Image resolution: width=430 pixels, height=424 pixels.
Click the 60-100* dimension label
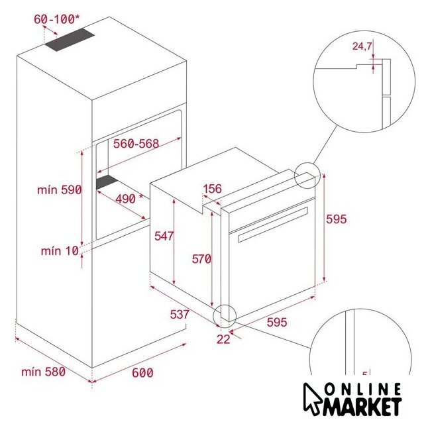pos(57,19)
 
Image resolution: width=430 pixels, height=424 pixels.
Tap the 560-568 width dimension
pos(136,144)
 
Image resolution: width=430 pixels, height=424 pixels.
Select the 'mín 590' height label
pos(60,189)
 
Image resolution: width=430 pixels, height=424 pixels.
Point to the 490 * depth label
pos(129,199)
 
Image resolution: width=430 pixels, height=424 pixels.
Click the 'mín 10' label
pos(60,251)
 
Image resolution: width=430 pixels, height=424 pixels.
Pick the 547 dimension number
pos(164,236)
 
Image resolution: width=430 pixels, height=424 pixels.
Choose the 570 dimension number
pos(201,259)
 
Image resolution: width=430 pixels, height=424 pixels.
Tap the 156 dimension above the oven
pos(212,189)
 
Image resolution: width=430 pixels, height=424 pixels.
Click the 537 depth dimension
pos(180,315)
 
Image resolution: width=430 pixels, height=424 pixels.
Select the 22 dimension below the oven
pos(223,339)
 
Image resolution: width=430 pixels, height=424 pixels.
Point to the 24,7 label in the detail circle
pos(362,46)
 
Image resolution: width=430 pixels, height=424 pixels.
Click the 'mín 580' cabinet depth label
pos(43,372)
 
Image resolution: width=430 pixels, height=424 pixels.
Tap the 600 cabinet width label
pos(142,373)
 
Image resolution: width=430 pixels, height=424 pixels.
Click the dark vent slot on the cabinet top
pos(70,40)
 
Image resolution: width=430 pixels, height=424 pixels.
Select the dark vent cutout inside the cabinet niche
pos(107,182)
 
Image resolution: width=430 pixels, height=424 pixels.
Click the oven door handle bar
pos(273,225)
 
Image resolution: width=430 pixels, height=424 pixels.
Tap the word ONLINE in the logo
pos(363,390)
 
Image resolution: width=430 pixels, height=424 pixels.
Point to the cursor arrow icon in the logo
pos(313,399)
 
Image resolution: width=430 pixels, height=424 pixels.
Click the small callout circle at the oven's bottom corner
pos(225,315)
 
